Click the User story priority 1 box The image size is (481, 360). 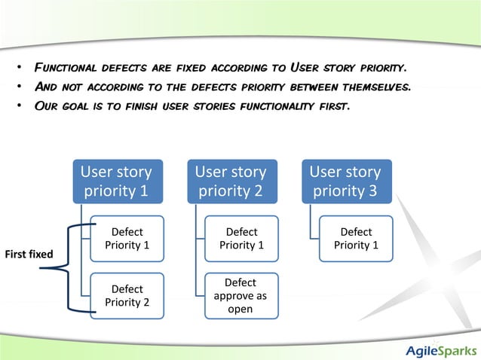116,181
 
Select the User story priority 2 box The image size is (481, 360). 231,181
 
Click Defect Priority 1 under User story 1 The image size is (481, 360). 127,239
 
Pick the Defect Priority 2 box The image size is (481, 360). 127,295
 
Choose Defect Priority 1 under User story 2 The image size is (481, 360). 241,239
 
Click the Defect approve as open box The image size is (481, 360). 241,295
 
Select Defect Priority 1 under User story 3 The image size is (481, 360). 356,239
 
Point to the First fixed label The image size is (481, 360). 29,254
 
